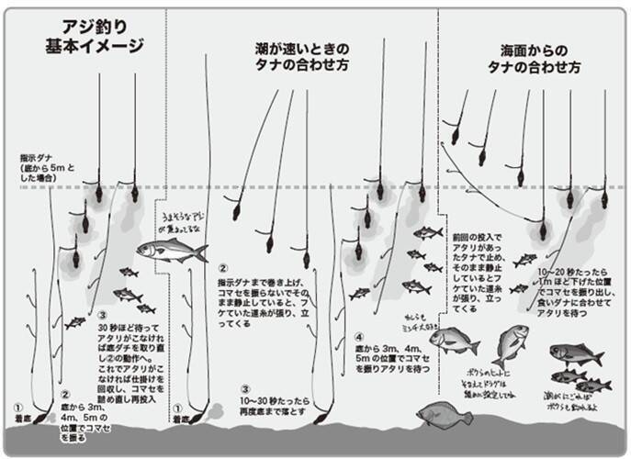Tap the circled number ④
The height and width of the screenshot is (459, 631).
pyautogui.click(x=360, y=337)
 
